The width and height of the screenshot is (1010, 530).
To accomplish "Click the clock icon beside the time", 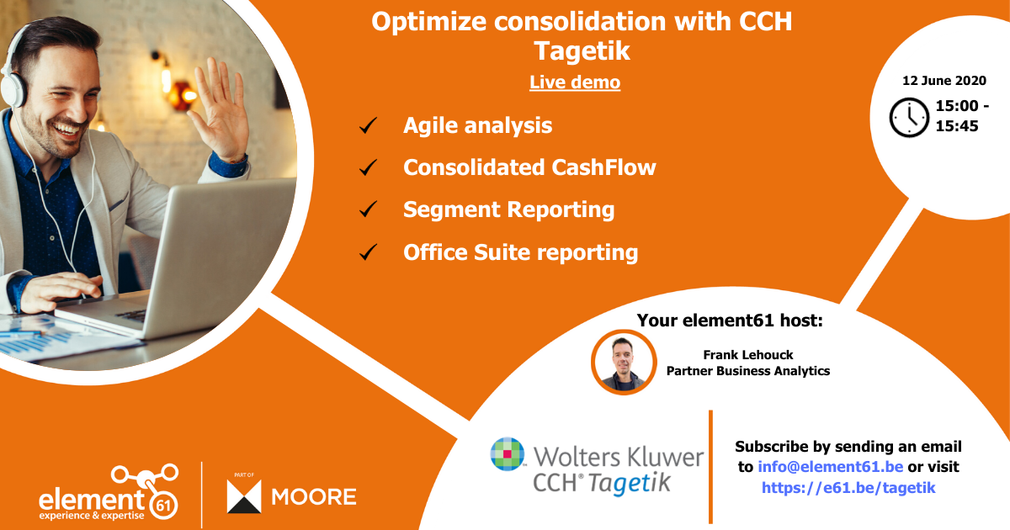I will tap(909, 118).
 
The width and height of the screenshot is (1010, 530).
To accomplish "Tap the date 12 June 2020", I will tap(944, 81).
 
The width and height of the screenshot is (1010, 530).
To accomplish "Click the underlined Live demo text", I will tap(575, 82).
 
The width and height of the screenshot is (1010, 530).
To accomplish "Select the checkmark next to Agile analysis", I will tap(368, 126).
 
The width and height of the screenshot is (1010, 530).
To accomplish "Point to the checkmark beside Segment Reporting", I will tap(368, 209).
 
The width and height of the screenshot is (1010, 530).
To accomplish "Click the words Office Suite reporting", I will tap(520, 252).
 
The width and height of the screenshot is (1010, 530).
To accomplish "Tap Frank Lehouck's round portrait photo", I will tap(624, 362).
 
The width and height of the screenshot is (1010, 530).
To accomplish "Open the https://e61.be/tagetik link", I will tap(848, 487).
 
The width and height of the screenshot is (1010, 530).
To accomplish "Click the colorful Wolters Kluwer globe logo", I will tap(508, 454).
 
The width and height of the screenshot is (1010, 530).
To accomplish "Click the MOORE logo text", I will tap(313, 496).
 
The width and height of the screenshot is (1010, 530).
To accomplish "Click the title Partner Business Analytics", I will tap(747, 370).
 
